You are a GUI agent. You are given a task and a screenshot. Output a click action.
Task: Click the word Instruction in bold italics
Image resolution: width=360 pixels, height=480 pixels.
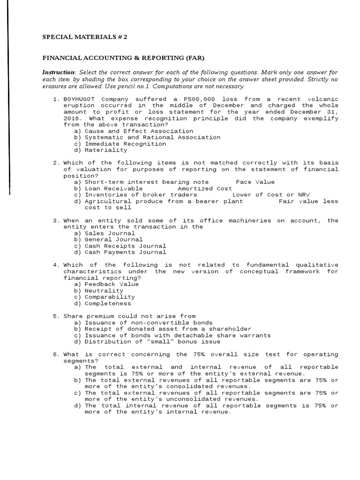59,72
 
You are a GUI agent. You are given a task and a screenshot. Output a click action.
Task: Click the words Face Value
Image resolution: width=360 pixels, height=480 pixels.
255,182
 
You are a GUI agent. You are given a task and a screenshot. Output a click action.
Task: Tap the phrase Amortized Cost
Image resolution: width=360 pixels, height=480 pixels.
198,188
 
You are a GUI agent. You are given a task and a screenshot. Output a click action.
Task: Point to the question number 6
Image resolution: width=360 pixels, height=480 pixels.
55,354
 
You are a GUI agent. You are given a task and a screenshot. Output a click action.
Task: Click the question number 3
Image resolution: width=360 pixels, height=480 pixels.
55,220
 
